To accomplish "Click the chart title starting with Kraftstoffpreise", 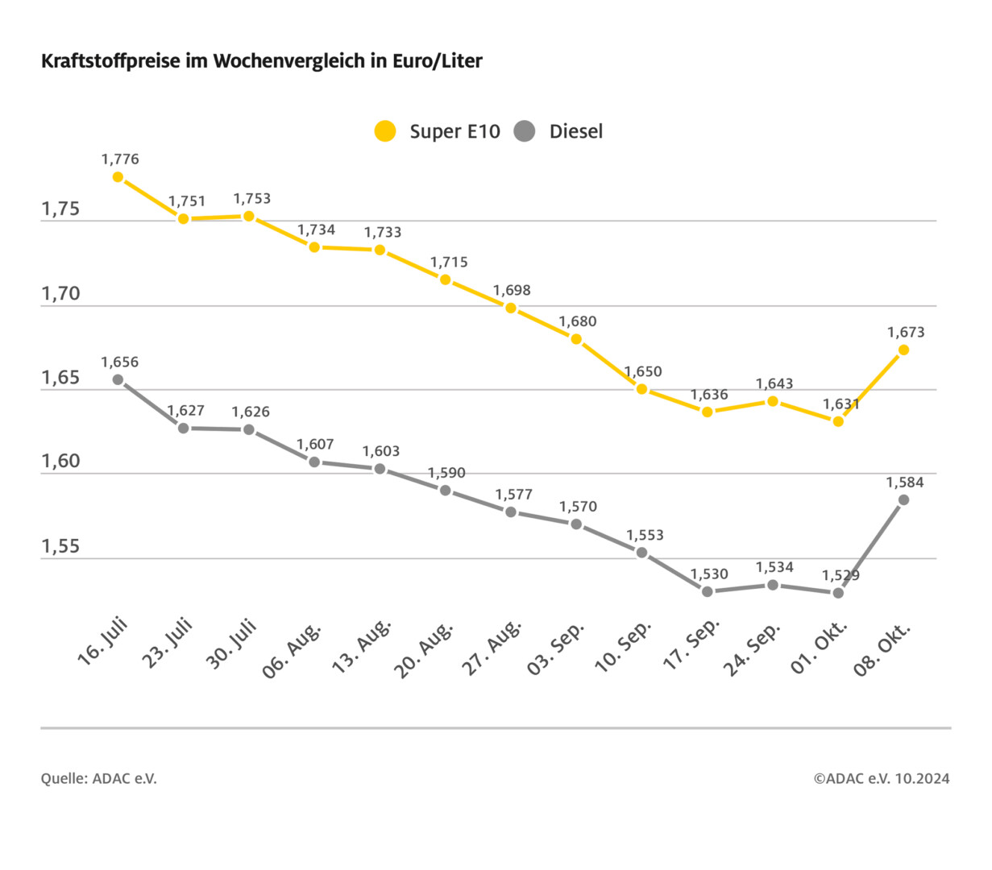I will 261,61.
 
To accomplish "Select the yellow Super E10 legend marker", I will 386,131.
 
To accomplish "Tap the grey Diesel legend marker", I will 525,131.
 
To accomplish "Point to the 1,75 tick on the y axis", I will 61,209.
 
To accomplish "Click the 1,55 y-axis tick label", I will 61,547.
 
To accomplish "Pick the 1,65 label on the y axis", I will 61,378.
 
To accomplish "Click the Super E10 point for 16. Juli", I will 118,177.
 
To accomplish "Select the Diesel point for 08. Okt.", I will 903,500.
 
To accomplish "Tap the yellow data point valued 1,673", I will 903,350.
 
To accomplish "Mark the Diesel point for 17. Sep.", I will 708,591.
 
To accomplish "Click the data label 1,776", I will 120,159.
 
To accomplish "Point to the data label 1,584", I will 905,483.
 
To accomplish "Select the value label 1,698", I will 512,290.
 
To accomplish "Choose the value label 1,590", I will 446,473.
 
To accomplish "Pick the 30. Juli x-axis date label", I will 231,644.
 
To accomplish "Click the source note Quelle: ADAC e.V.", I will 99,778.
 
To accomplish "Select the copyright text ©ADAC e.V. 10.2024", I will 881,778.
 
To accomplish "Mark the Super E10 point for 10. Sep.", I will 642,389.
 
